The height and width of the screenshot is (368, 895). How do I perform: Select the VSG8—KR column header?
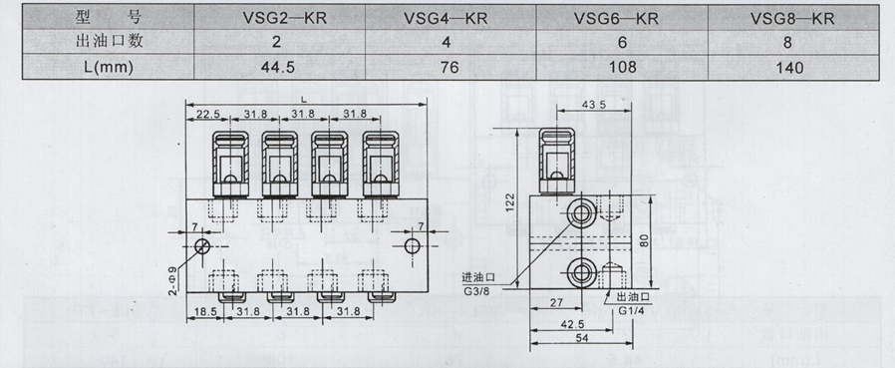[792, 18]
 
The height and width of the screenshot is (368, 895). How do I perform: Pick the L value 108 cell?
[622, 68]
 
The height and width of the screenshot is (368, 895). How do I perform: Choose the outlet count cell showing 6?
[622, 42]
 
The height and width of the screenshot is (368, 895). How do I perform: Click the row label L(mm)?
[108, 68]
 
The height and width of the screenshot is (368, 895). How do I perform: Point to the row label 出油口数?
[109, 42]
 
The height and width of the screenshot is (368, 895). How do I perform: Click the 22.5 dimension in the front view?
[207, 114]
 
